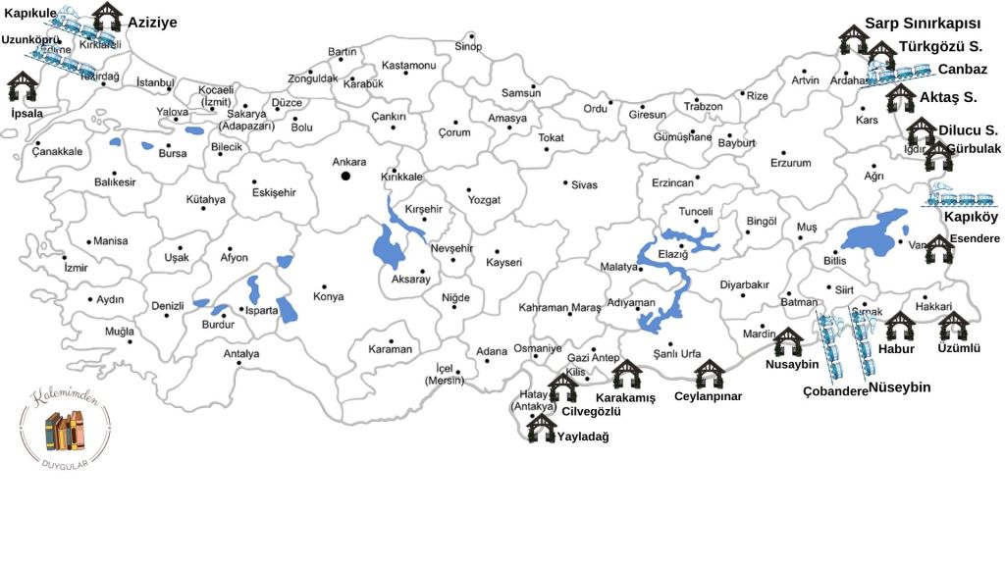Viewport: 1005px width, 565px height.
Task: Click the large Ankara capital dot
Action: coord(345,176)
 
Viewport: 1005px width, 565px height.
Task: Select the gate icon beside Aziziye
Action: coord(107,17)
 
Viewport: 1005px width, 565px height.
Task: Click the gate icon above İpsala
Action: coord(23,86)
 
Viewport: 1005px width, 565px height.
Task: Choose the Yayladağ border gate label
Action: coord(583,437)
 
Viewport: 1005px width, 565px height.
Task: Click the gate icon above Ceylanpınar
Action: coord(709,374)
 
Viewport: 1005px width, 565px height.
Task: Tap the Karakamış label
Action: coord(625,398)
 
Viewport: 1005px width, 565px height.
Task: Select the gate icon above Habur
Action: coord(899,327)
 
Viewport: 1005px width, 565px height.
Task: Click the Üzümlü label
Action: coord(959,347)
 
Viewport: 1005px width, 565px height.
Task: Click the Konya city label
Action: coord(328,296)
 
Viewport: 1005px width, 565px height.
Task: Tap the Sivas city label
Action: coord(584,184)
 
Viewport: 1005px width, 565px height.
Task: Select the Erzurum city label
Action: coord(790,163)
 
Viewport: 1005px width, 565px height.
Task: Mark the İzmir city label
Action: coord(75,267)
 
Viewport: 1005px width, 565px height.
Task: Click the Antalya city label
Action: coord(241,353)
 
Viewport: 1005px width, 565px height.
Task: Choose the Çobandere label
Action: coord(835,390)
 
